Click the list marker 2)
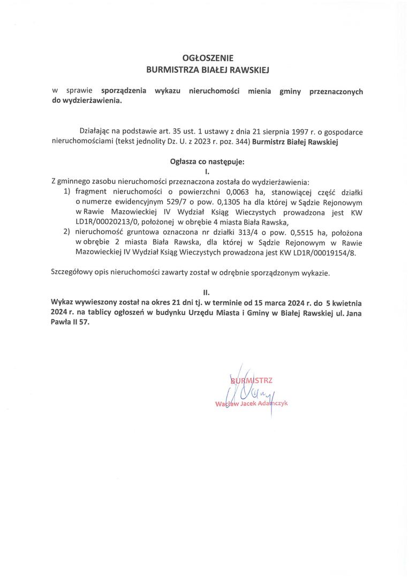coord(67,233)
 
